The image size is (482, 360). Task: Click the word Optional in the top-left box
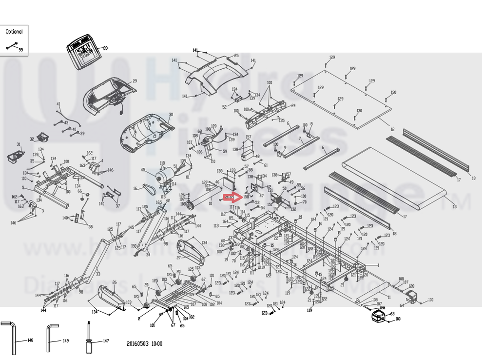point(14,32)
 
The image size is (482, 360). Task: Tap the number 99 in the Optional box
point(21,50)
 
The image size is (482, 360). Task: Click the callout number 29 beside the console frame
point(135,81)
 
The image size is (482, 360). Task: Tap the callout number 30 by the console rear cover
point(171,115)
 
